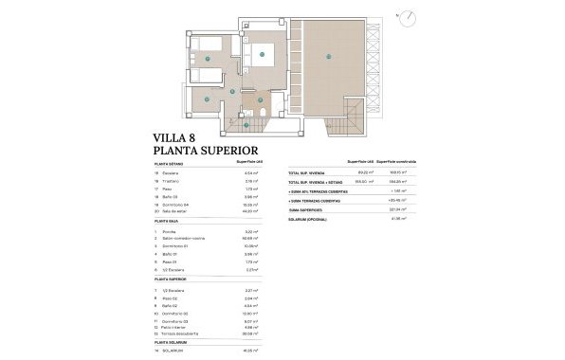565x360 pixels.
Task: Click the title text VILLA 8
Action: (x=175, y=137)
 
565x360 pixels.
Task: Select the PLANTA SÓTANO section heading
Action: (x=170, y=163)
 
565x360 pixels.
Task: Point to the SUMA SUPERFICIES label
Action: (x=312, y=209)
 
